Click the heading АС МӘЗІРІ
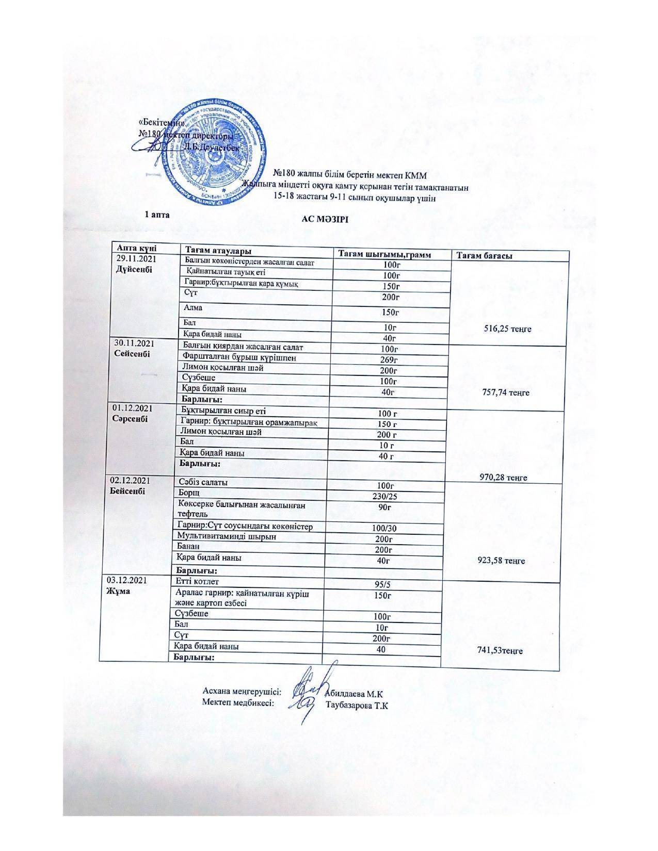(325, 219)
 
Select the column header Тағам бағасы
(484, 256)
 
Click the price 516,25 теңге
(507, 329)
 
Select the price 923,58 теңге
(501, 560)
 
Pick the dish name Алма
(193, 308)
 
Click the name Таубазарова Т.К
(357, 705)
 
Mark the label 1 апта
(157, 214)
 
